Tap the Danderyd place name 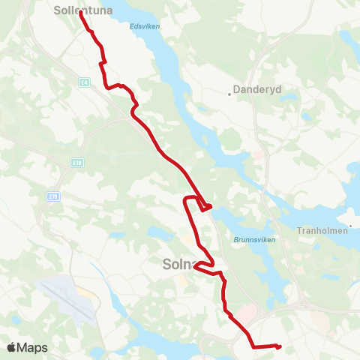coord(259,88)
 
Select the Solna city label coord(178,264)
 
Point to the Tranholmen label coord(322,231)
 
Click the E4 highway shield coord(85,82)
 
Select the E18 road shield coord(76,162)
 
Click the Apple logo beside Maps coord(12,347)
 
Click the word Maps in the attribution coord(32,347)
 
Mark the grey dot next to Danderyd coord(229,94)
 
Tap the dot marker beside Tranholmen coord(349,225)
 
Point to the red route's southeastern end coord(278,346)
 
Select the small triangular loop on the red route coord(206,206)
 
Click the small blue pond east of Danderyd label coord(307,116)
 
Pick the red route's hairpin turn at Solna coord(196,265)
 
